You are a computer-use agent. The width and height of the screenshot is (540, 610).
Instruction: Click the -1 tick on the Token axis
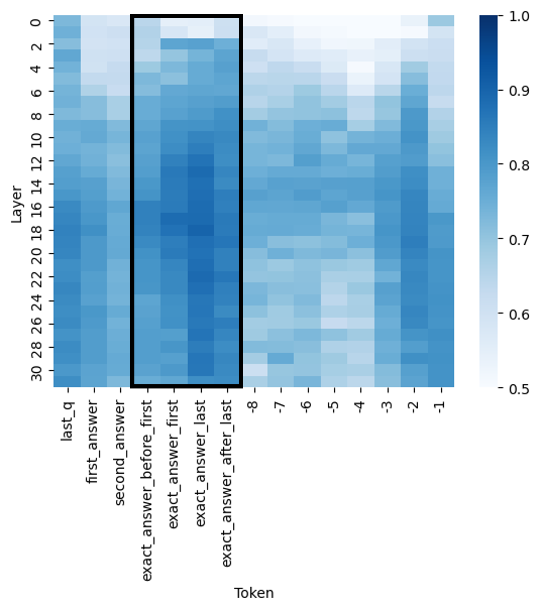[441, 406]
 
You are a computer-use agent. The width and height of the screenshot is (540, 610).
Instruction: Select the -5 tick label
[334, 406]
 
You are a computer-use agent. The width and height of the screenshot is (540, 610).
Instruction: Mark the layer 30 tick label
[36, 373]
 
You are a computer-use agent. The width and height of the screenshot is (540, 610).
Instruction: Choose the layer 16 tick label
[36, 207]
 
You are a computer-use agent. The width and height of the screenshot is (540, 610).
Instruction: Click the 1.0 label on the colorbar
[519, 16]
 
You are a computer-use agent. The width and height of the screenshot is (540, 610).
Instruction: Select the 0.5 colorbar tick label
[519, 389]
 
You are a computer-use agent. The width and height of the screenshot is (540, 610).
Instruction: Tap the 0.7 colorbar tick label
[519, 240]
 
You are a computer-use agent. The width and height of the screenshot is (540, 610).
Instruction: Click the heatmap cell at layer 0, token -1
[441, 21]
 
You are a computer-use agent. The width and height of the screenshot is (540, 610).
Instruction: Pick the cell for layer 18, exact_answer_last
[201, 230]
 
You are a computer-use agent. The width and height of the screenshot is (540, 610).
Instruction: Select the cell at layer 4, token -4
[361, 67]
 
